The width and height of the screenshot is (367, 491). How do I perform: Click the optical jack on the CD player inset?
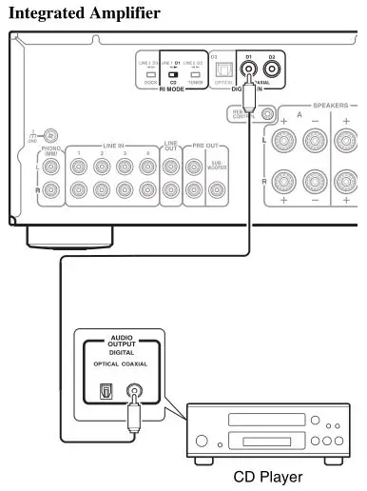click(106, 390)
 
